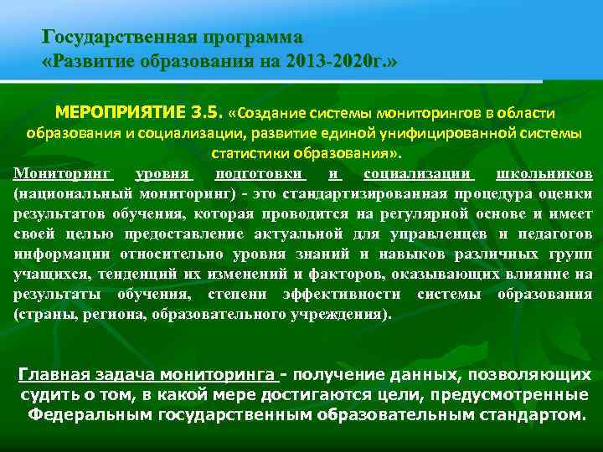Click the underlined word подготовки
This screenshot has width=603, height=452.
pos(260,174)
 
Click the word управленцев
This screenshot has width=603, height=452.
pos(443,234)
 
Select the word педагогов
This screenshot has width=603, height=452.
pos(556,234)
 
